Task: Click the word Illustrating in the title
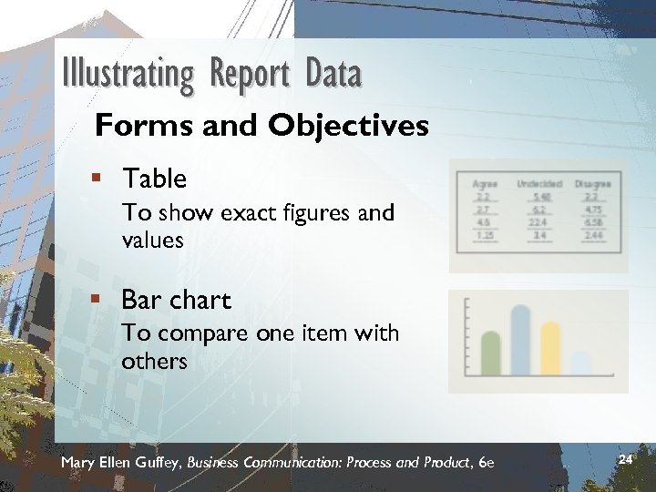tap(128, 74)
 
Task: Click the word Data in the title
tap(333, 74)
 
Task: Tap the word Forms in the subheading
tap(134, 125)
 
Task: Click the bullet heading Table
tap(154, 179)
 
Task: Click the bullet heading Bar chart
tap(176, 300)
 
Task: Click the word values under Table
tap(152, 241)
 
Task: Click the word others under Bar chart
tap(154, 362)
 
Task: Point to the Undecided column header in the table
tap(539, 183)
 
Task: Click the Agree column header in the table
tap(486, 183)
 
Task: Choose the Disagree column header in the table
tap(592, 183)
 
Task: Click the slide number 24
tap(625, 460)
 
